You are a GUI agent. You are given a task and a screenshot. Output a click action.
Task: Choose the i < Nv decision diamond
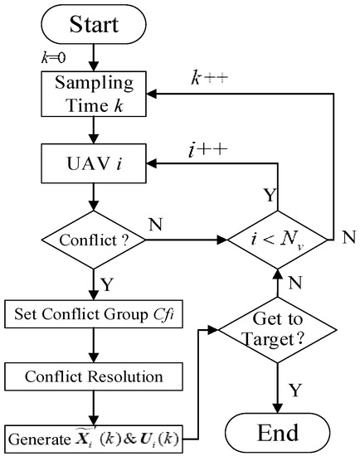tap(278, 242)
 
